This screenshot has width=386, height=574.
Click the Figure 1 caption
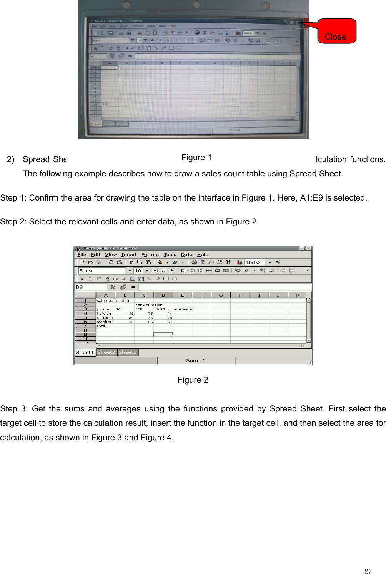tap(196, 158)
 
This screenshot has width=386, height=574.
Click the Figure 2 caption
tap(193, 380)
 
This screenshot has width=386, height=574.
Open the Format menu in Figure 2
tap(150, 255)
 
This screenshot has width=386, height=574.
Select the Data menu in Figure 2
tap(186, 255)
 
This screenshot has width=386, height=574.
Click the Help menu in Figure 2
tap(203, 255)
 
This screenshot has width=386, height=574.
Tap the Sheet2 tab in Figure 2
tap(106, 352)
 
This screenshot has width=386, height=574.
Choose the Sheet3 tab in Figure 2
tap(128, 352)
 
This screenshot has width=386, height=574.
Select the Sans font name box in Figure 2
tap(102, 271)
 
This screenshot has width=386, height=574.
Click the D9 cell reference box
tap(91, 287)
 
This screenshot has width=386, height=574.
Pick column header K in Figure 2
tap(298, 295)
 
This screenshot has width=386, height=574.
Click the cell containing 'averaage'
tap(183, 309)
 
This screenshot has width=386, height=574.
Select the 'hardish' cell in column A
tap(104, 314)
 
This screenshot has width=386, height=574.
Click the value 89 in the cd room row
tap(131, 318)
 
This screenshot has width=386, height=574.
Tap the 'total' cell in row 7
tap(102, 326)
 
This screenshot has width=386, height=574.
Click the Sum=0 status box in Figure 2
tap(196, 360)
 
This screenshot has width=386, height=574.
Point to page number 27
tap(368, 571)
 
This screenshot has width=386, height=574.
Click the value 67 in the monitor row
tap(170, 322)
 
